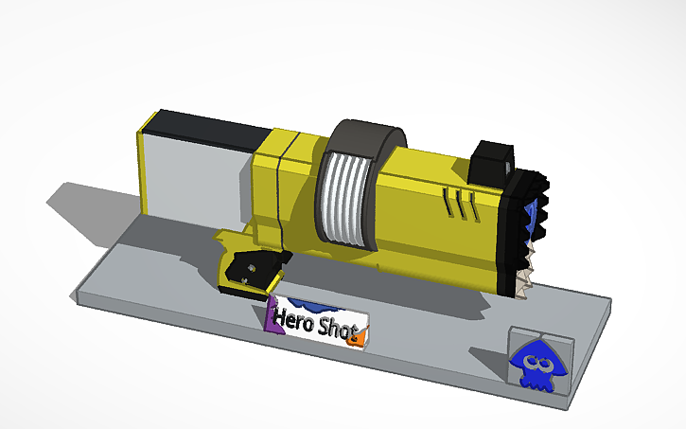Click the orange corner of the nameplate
tap(357, 337)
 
